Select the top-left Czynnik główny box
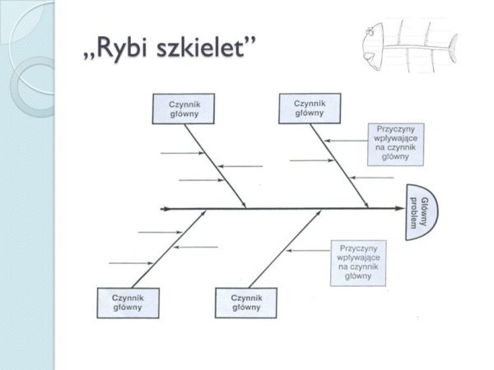pos(178,109)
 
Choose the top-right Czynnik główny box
pos(309,109)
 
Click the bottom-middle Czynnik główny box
pos(246,303)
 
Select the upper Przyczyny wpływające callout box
pos(396,145)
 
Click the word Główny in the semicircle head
pos(426,212)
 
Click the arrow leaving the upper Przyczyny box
pos(346,141)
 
